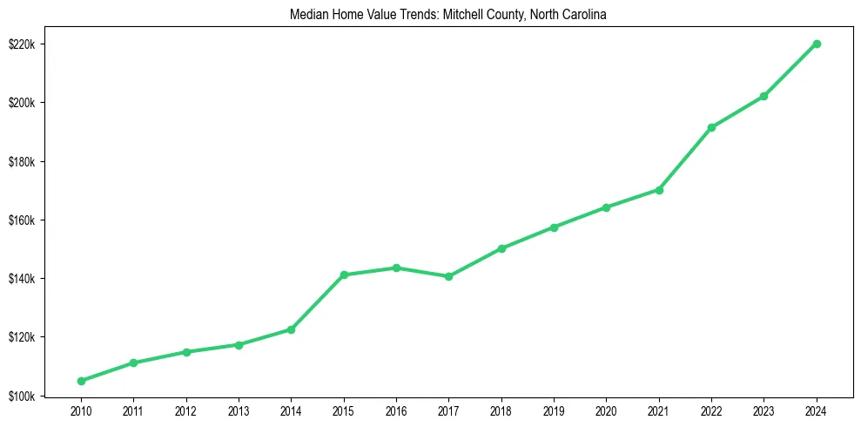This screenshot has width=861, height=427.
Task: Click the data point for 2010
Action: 81,381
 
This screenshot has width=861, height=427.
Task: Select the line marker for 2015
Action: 344,274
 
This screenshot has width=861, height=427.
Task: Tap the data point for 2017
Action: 448,276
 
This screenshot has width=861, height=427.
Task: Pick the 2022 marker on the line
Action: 711,127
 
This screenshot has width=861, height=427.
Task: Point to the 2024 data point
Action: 817,44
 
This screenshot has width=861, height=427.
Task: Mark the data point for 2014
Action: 291,329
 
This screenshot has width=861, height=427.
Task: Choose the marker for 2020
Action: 606,207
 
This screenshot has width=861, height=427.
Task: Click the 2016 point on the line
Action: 396,268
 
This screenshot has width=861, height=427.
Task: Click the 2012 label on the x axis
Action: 186,410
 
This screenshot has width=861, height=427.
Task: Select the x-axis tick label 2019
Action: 554,410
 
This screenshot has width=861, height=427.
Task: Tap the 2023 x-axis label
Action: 763,410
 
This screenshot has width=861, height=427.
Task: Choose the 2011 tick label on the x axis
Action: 133,410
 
